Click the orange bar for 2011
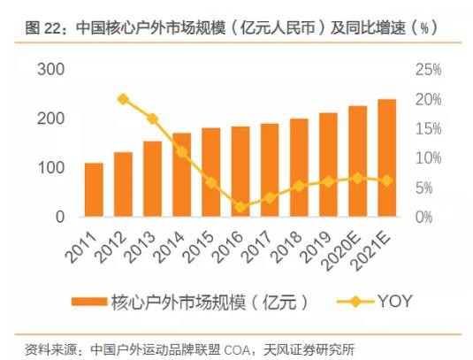pyautogui.click(x=94, y=189)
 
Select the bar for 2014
pyautogui.click(x=182, y=174)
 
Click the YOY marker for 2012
pyautogui.click(x=123, y=99)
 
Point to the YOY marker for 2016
pyautogui.click(x=240, y=207)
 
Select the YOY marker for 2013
pyautogui.click(x=152, y=119)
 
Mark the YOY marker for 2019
pyautogui.click(x=328, y=181)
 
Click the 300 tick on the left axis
pyautogui.click(x=50, y=70)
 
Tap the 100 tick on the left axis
pyautogui.click(x=50, y=168)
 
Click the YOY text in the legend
pyautogui.click(x=395, y=301)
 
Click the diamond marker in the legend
pyautogui.click(x=355, y=301)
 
